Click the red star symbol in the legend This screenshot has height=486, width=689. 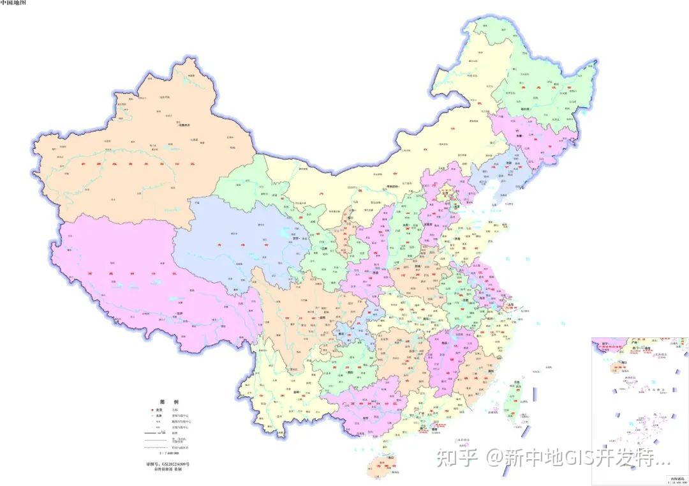(x=148, y=410)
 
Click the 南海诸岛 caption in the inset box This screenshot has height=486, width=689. (x=676, y=478)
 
